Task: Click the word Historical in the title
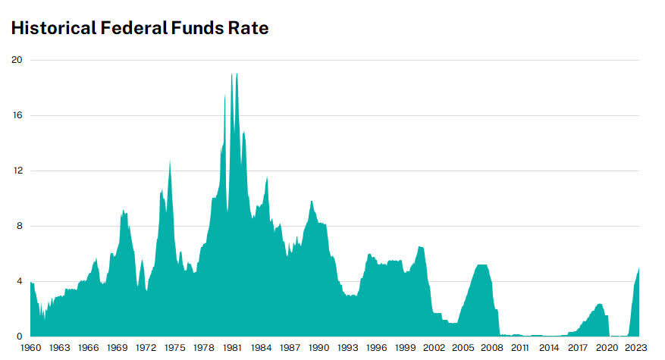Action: pyautogui.click(x=52, y=29)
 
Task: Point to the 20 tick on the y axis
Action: pyautogui.click(x=16, y=60)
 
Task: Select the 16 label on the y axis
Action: pyautogui.click(x=16, y=115)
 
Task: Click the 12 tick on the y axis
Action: pyautogui.click(x=16, y=171)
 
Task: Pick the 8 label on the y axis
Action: pyautogui.click(x=18, y=226)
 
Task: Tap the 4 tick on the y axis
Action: pyautogui.click(x=18, y=281)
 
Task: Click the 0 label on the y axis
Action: pyautogui.click(x=18, y=337)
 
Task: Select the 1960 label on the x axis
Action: pyautogui.click(x=31, y=348)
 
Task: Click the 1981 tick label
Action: pyautogui.click(x=232, y=348)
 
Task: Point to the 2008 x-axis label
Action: pyautogui.click(x=491, y=348)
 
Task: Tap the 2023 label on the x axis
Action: pyautogui.click(x=634, y=348)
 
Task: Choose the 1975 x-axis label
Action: pyautogui.click(x=174, y=348)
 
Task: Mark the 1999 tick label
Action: pyautogui.click(x=404, y=348)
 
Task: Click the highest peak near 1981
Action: pyautogui.click(x=237, y=74)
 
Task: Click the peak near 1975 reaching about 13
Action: pyautogui.click(x=170, y=160)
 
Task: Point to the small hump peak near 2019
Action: pyautogui.click(x=599, y=304)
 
